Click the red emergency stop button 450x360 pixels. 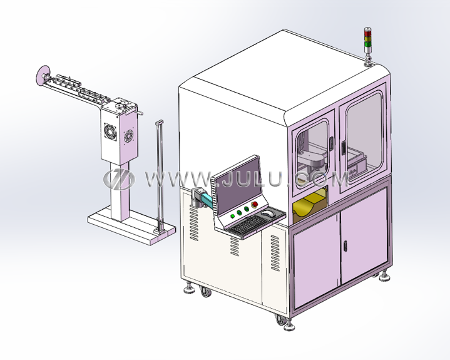[x=255, y=204]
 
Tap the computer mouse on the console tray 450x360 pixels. [x=268, y=213]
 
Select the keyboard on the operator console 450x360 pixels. [x=246, y=224]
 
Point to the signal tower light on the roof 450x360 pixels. [x=367, y=43]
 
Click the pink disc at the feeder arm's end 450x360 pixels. [x=43, y=75]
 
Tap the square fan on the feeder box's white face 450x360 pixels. [x=110, y=132]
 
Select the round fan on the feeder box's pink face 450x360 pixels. [x=128, y=136]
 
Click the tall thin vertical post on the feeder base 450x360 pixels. [x=159, y=175]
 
